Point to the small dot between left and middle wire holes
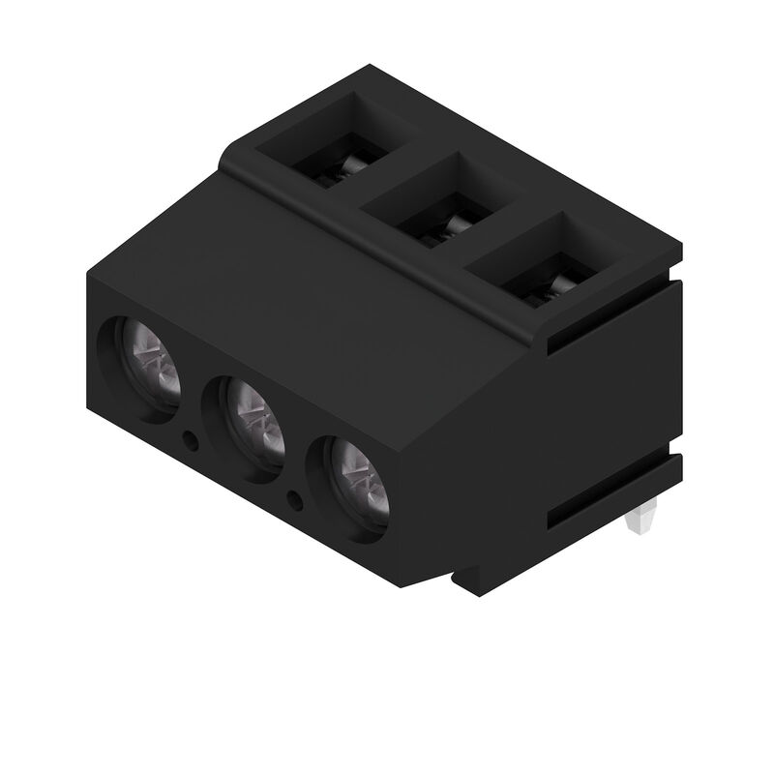pyautogui.click(x=192, y=441)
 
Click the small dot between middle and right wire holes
pyautogui.click(x=296, y=499)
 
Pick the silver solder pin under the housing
pyautogui.click(x=638, y=522)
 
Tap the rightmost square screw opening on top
pyautogui.click(x=542, y=261)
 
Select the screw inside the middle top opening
pyautogui.click(x=449, y=228)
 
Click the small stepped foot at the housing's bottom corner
pyautogui.click(x=464, y=580)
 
